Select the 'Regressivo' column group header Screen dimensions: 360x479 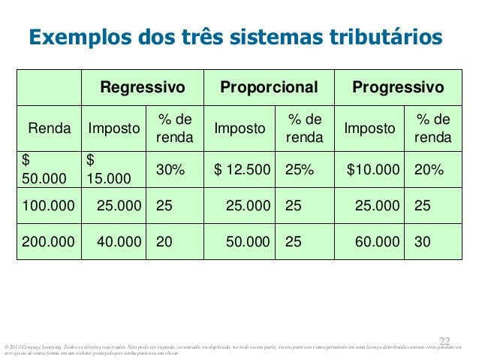(x=143, y=87)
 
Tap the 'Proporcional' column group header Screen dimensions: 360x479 (x=269, y=87)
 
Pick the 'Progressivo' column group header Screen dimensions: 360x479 (x=397, y=87)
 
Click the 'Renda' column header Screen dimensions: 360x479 (x=50, y=129)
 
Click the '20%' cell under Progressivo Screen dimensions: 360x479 (x=429, y=171)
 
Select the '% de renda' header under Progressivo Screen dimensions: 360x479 (x=432, y=129)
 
